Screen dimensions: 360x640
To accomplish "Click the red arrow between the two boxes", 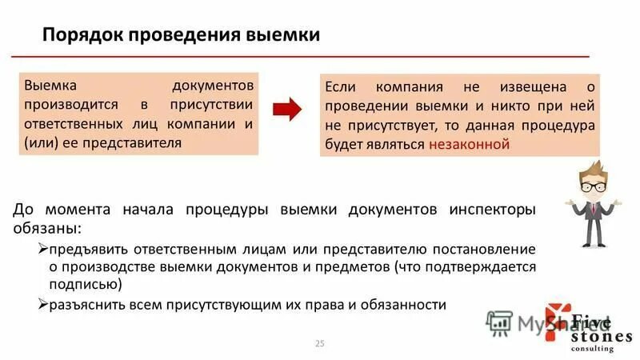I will pyautogui.click(x=288, y=108).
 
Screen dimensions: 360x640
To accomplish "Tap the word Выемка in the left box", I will pyautogui.click(x=50, y=85).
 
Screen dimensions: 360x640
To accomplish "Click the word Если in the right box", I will pyautogui.click(x=341, y=86).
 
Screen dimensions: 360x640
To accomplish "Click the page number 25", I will pyautogui.click(x=320, y=343).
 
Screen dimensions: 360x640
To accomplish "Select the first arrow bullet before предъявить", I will pyautogui.click(x=44, y=250).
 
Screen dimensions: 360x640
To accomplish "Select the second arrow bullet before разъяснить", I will pyautogui.click(x=44, y=305).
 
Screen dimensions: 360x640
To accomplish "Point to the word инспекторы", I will pyautogui.click(x=491, y=210).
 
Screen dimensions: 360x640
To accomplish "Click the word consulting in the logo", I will pyautogui.click(x=593, y=349).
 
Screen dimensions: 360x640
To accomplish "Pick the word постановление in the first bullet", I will pyautogui.click(x=486, y=250).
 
